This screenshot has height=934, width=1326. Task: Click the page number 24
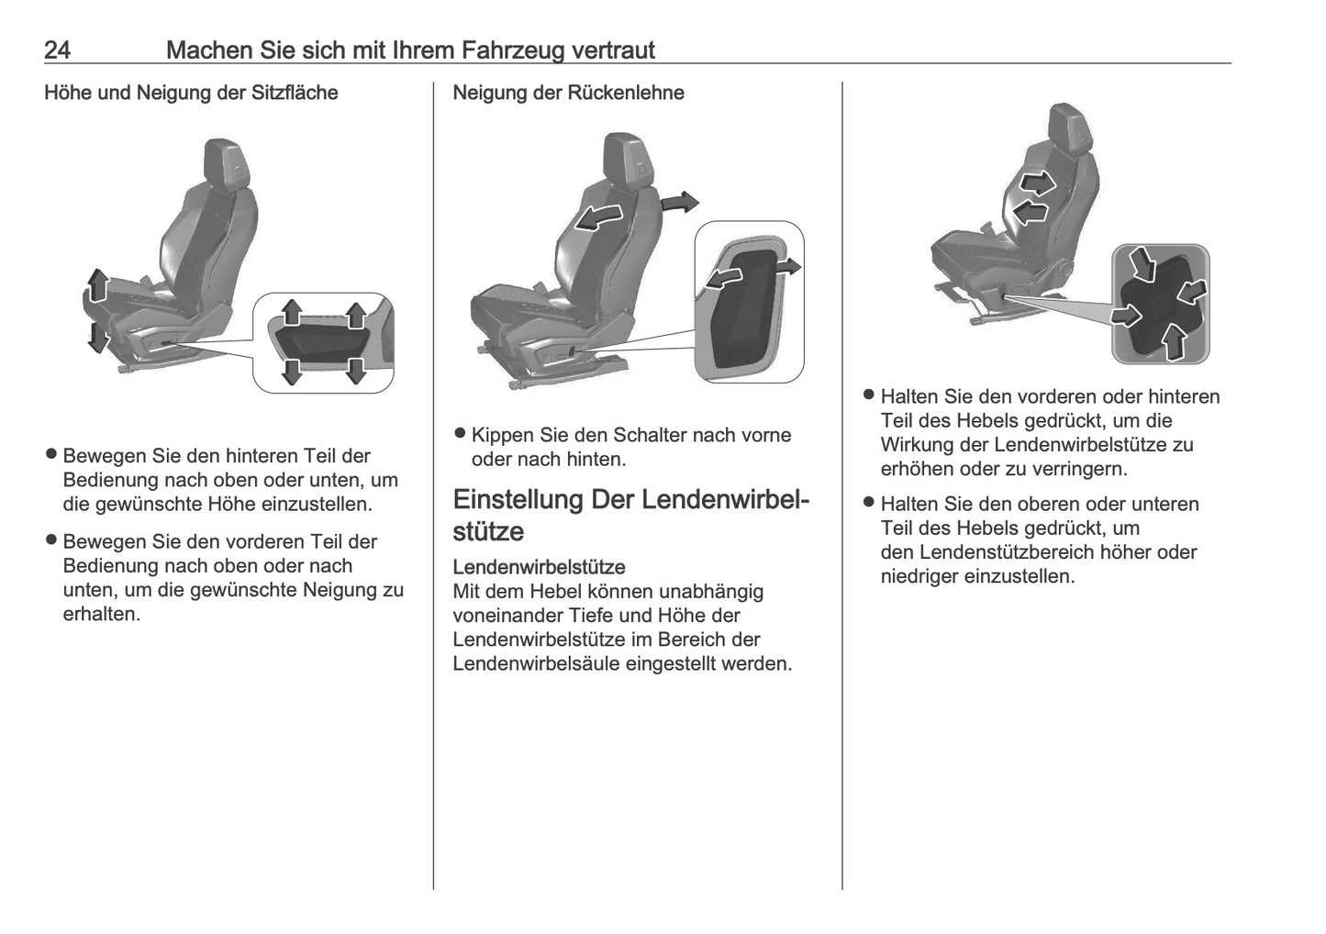[57, 50]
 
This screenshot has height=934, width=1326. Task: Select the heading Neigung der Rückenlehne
[568, 93]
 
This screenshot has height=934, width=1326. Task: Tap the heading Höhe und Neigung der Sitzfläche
[191, 93]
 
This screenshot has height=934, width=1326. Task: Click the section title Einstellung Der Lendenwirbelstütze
[630, 515]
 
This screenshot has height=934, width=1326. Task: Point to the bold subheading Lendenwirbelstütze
[539, 567]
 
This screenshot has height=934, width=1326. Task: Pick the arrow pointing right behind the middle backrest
[680, 203]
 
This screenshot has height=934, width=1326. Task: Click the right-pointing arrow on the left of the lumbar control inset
[1125, 316]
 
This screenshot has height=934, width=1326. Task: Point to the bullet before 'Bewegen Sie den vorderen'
[52, 541]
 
